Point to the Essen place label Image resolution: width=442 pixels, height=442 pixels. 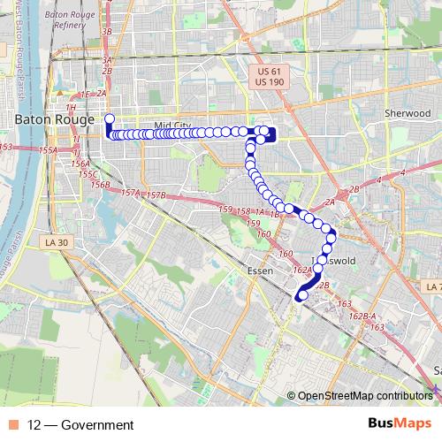coord(260,271)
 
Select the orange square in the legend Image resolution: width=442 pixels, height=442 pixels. coord(13,425)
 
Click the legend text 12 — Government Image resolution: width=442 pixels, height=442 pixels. coord(80,425)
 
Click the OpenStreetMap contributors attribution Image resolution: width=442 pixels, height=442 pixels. coord(364,395)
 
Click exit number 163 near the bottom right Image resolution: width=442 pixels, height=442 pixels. coord(377,327)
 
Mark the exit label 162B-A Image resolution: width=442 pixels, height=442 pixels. coord(362,316)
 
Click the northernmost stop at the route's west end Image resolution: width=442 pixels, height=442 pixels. coord(109,118)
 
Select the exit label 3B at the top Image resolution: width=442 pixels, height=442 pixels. coord(108,32)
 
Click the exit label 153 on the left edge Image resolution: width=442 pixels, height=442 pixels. coord(6,147)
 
